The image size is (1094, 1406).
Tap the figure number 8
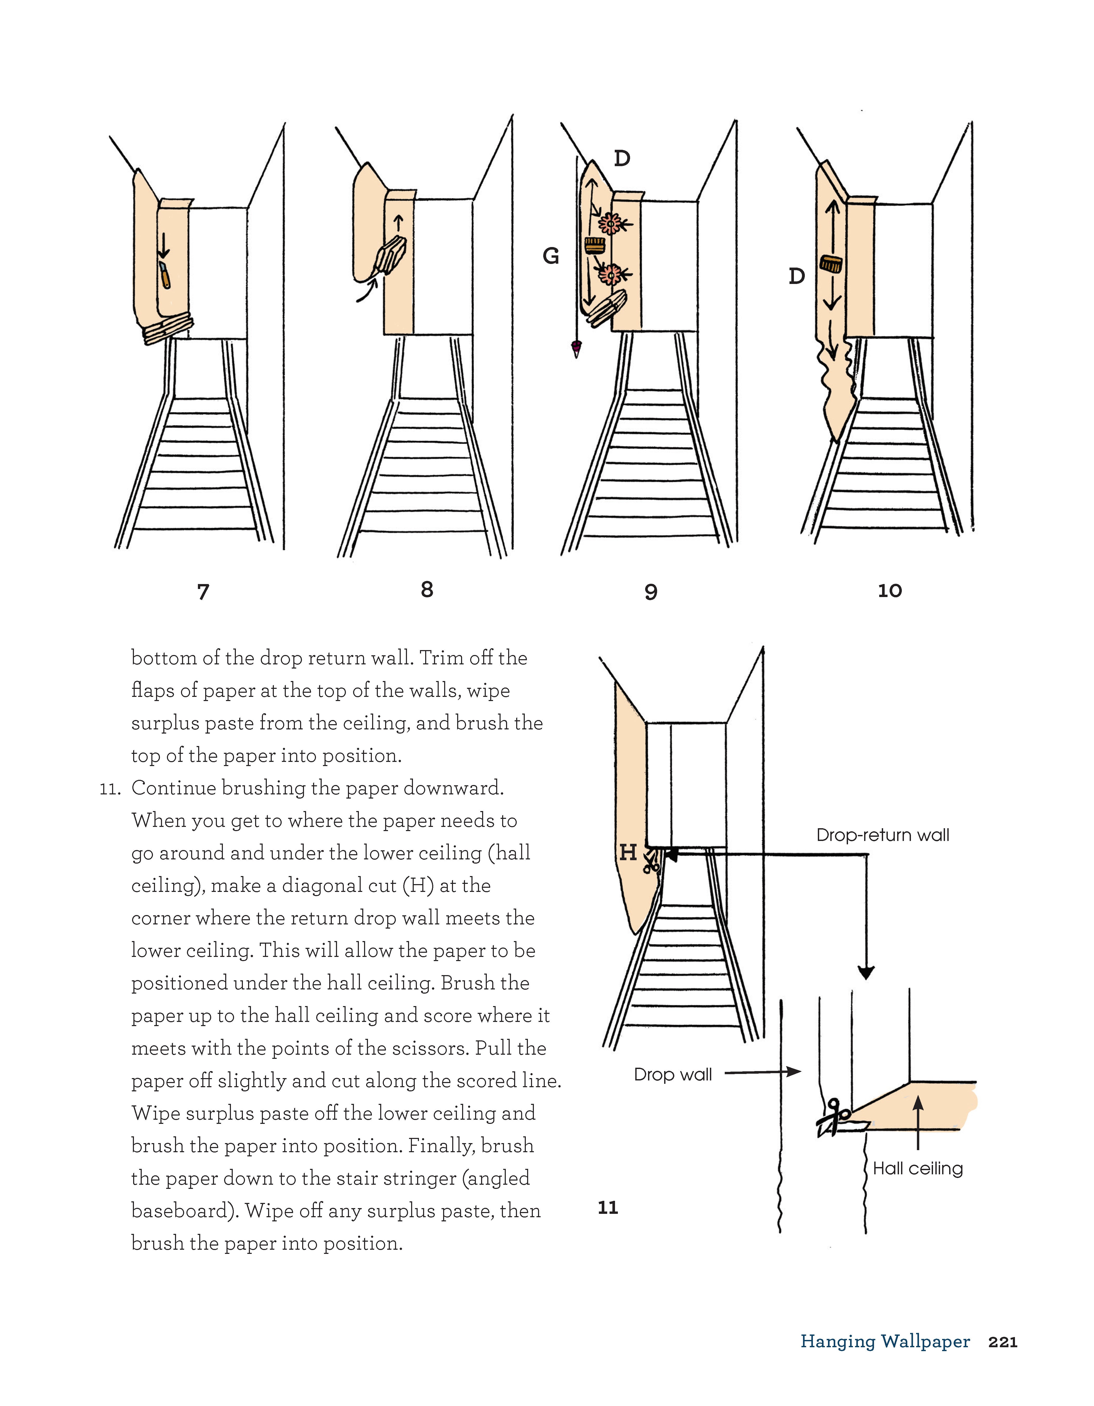[427, 589]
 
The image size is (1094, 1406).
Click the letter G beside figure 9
[551, 256]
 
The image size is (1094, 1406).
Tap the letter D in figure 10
[797, 276]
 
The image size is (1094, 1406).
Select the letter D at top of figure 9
[621, 158]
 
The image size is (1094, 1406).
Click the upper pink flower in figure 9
[609, 224]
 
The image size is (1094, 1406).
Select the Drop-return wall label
[882, 835]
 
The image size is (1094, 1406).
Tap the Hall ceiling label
[918, 1168]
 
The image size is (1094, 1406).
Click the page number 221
[1002, 1342]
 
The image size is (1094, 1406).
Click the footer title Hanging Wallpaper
[885, 1342]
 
